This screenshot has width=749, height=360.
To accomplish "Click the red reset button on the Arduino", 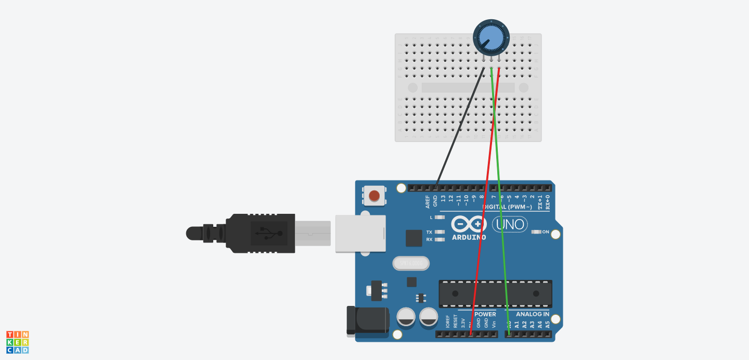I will tap(374, 196).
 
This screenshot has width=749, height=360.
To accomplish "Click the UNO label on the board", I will tap(509, 224).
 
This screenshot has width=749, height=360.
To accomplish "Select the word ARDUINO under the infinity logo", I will tap(469, 237).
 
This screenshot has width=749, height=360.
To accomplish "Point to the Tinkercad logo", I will tap(17, 342).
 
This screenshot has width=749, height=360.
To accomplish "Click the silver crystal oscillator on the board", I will tap(411, 264).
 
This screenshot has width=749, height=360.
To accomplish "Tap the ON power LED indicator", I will tap(537, 232).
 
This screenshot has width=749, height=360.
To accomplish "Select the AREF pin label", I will tap(428, 200).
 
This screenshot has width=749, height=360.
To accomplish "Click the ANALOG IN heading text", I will tap(532, 314).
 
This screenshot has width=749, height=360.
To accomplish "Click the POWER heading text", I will tap(485, 314).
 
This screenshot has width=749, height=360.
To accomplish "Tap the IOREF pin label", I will tap(447, 322).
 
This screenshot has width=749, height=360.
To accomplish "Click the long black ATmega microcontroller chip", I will tap(495, 293).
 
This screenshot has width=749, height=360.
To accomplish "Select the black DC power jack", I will tap(367, 320).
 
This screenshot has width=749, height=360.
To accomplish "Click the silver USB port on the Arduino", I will tap(360, 234).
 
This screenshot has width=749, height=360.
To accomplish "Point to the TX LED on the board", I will tap(440, 232).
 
